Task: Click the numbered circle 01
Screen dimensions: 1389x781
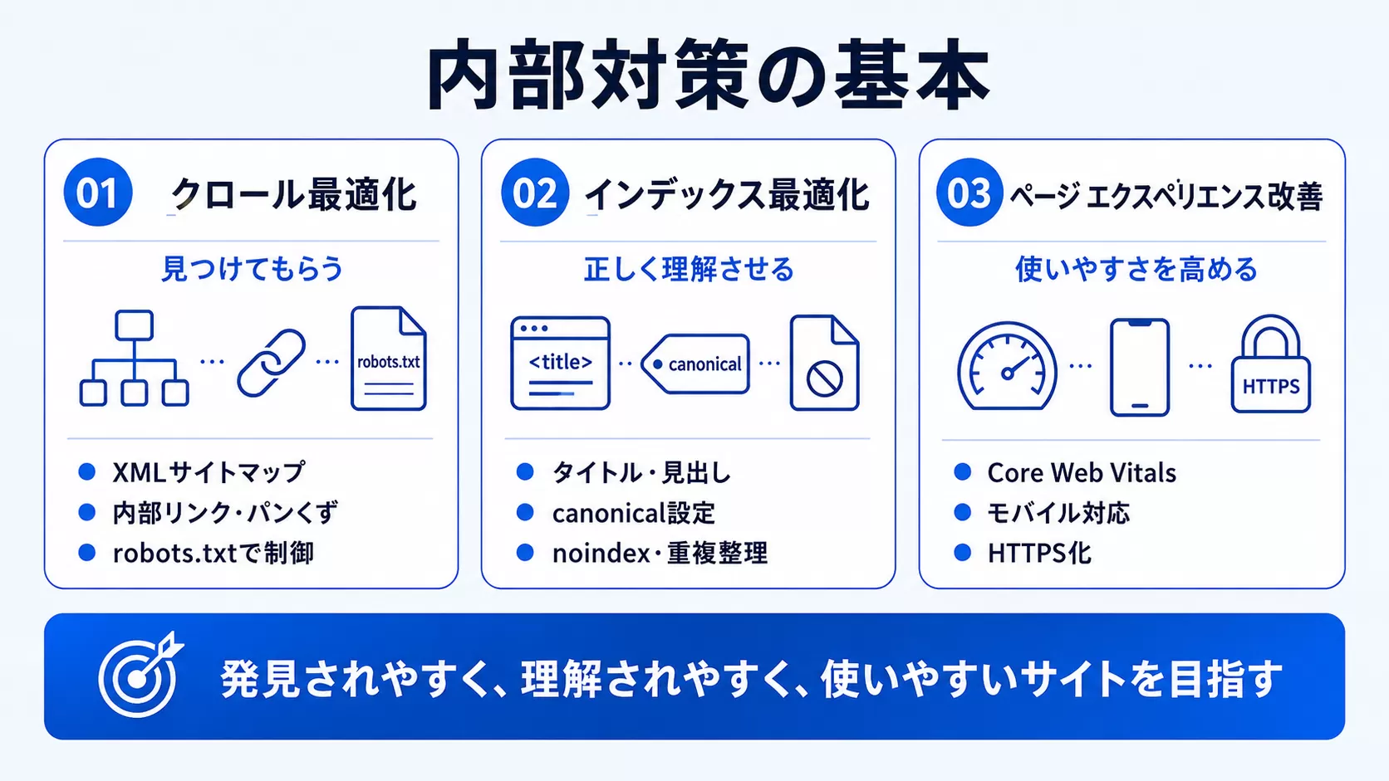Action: click(x=98, y=192)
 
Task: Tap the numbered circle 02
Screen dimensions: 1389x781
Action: click(x=535, y=192)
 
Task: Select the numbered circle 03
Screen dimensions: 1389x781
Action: click(x=969, y=192)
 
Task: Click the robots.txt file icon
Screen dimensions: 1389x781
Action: click(x=388, y=358)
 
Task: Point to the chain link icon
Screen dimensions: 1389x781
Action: click(x=272, y=363)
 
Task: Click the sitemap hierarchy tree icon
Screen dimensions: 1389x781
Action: click(x=134, y=358)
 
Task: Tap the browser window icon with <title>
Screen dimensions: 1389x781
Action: click(x=560, y=363)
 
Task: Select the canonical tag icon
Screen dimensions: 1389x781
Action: click(x=695, y=364)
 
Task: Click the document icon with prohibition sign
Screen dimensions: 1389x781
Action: click(x=824, y=363)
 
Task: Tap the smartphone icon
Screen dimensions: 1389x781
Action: click(x=1140, y=368)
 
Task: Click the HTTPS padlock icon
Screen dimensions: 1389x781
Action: click(x=1270, y=364)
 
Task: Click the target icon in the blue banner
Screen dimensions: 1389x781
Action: click(x=141, y=675)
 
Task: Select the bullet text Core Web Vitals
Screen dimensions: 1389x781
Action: click(x=1082, y=472)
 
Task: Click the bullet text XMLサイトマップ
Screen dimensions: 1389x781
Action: click(x=209, y=472)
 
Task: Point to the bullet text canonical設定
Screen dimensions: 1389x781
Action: click(x=633, y=513)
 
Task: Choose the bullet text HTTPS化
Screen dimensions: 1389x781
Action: click(x=1039, y=553)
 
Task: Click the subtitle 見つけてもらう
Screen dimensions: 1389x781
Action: click(x=252, y=269)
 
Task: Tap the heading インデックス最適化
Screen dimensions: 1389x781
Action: click(x=726, y=194)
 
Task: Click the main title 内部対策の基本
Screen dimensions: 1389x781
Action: click(x=708, y=75)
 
